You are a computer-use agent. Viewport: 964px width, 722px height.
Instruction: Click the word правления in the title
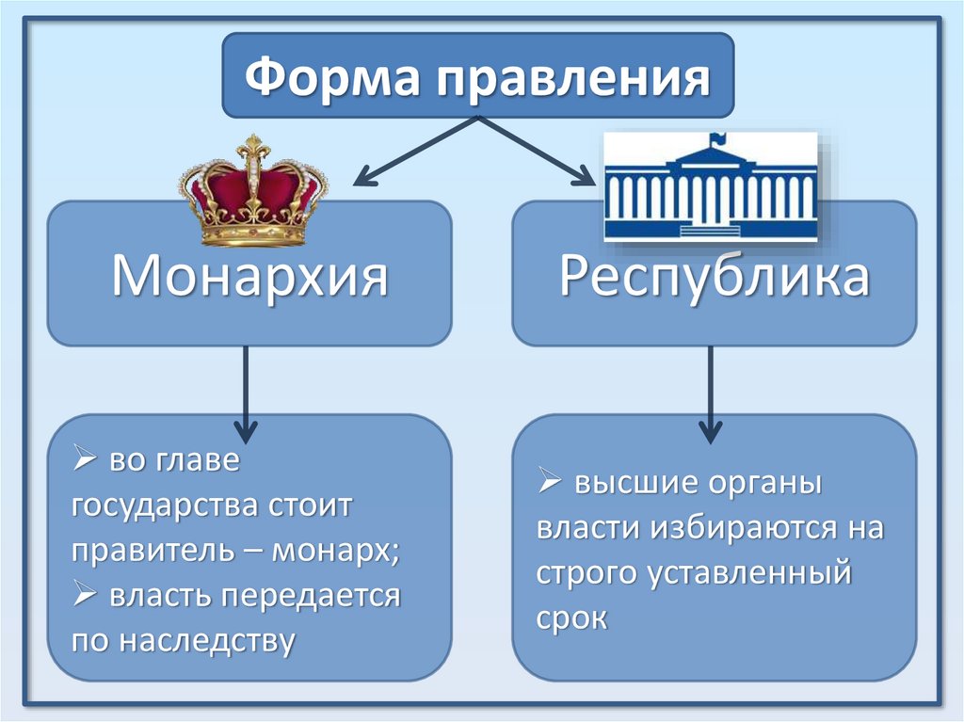point(568,78)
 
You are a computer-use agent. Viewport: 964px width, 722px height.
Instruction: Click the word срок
point(571,618)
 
